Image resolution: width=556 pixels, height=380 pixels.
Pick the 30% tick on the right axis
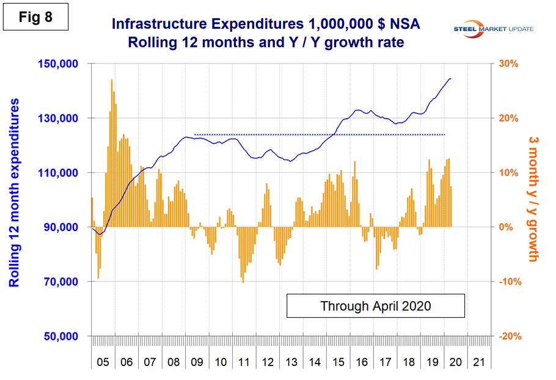510,64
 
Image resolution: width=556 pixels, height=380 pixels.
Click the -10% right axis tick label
510,282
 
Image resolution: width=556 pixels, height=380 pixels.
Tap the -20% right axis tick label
510,337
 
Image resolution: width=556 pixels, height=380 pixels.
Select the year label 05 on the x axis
103,362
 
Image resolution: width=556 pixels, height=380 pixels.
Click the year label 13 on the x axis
291,362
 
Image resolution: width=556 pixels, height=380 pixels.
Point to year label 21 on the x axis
479,362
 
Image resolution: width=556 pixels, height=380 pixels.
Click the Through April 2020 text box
375,305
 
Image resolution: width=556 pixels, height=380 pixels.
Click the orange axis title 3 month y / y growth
532,200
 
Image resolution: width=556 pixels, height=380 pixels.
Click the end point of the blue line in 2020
451,78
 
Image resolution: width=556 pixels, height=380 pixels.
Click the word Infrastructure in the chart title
160,24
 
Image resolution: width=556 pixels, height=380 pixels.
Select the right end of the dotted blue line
445,134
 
